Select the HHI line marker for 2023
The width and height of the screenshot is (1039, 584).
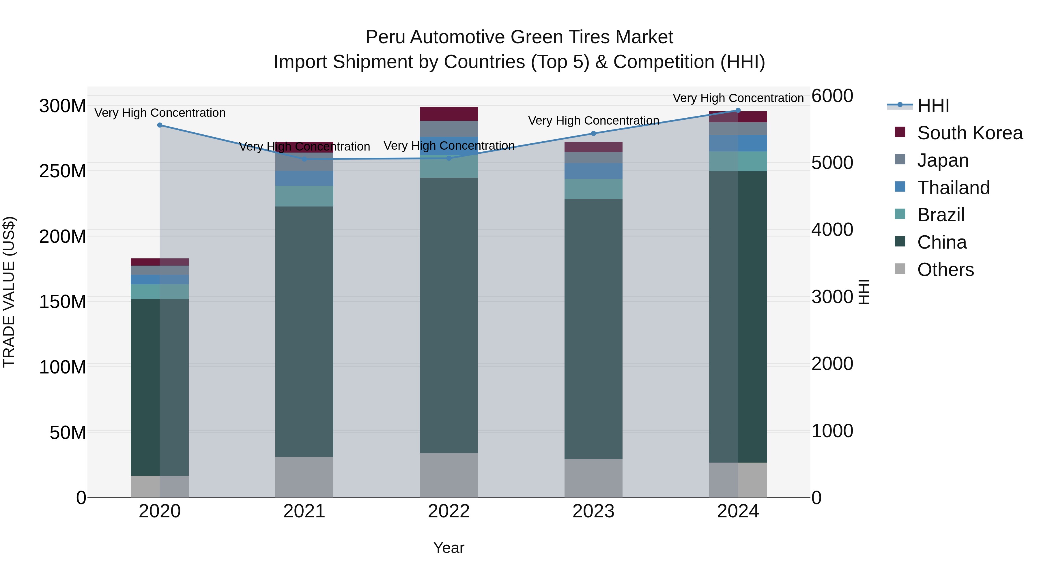pyautogui.click(x=593, y=134)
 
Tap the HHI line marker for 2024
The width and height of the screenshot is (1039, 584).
pyautogui.click(x=738, y=110)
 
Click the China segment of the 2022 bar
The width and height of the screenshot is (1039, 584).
pyautogui.click(x=449, y=314)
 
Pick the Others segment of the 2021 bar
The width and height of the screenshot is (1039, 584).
pyautogui.click(x=304, y=477)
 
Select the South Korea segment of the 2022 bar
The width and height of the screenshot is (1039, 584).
pyautogui.click(x=449, y=114)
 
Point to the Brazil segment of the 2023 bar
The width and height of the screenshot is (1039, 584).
pyautogui.click(x=593, y=189)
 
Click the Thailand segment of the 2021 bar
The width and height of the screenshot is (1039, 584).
pyautogui.click(x=304, y=178)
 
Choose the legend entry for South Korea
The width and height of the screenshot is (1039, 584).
pyautogui.click(x=970, y=133)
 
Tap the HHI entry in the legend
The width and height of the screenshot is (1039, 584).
pyautogui.click(x=933, y=106)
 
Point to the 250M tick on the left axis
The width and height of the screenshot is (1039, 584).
pyautogui.click(x=63, y=171)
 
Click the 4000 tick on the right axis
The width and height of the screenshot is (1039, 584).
pyautogui.click(x=832, y=230)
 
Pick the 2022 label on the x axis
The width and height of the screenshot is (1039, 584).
pyautogui.click(x=449, y=511)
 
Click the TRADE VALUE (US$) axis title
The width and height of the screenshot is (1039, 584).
pyautogui.click(x=9, y=292)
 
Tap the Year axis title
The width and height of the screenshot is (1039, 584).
pyautogui.click(x=449, y=548)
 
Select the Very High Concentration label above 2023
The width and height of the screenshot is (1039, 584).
pyautogui.click(x=593, y=121)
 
